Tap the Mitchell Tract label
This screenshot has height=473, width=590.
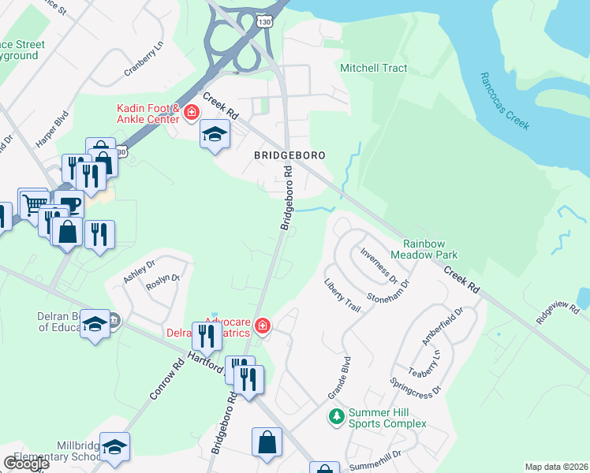[x=374, y=68]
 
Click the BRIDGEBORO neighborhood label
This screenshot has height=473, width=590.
[x=290, y=155]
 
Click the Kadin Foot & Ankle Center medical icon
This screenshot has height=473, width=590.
[x=190, y=114]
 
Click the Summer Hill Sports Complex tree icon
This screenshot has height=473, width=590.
[x=336, y=415]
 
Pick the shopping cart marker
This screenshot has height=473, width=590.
[x=33, y=205]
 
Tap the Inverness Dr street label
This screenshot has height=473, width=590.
[x=378, y=265]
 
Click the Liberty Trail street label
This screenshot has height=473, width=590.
[x=342, y=295]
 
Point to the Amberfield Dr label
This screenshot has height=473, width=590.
[x=439, y=326]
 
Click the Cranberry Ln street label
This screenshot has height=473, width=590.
[x=143, y=60]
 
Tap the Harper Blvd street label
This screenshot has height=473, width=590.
[x=52, y=129]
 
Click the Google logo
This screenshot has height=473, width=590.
[x=26, y=464]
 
